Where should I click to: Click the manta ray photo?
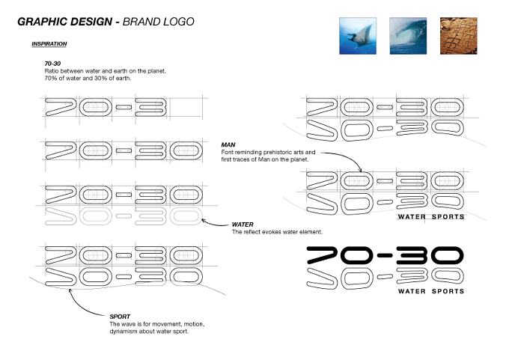358,36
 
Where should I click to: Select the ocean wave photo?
408,36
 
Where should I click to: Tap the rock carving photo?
458,36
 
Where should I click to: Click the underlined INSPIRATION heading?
49,44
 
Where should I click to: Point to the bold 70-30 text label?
52,64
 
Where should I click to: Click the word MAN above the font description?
228,144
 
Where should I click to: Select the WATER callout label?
243,225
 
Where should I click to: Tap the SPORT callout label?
120,317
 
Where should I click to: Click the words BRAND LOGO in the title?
159,22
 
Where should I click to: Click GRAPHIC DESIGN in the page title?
64,22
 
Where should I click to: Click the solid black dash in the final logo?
385,255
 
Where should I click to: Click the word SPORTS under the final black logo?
448,291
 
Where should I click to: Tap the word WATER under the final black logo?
412,291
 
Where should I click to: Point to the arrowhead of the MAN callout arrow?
360,171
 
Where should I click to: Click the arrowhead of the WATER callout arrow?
203,220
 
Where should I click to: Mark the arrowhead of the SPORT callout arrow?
70,290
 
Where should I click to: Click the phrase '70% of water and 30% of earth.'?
88,79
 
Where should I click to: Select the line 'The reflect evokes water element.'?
277,232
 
